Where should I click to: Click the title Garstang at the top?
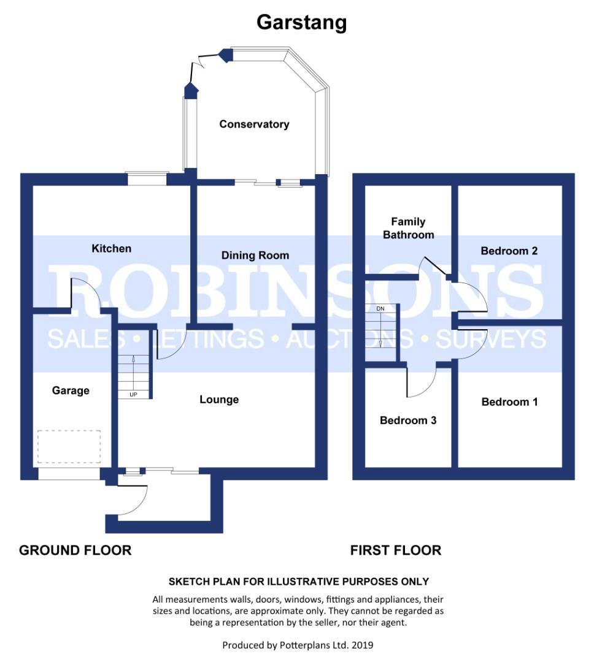coord(301,23)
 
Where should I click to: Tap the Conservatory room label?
coord(254,124)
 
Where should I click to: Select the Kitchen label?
coord(111,248)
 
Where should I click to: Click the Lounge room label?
coord(219,400)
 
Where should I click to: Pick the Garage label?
coord(71,390)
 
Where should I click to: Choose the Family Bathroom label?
coord(408,228)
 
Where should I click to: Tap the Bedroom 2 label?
coord(509,251)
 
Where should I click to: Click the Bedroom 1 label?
coord(509,402)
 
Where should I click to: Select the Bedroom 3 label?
coord(408,420)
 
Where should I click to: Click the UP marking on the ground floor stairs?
coord(133,394)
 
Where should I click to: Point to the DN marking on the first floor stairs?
coord(380,308)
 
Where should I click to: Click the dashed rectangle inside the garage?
coord(69,446)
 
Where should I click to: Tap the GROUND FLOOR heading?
coord(75,550)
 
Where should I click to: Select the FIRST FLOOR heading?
coord(396,550)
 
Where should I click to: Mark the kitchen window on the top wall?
coord(147,178)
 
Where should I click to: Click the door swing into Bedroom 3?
coord(422,381)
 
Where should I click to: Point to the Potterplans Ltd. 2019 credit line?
coord(298,645)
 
